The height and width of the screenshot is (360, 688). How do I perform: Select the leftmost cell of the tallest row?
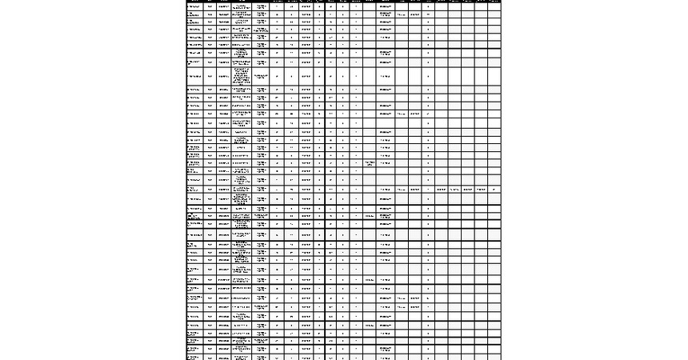tap(194, 76)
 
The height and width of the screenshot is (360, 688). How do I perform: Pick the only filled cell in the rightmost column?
tap(494, 189)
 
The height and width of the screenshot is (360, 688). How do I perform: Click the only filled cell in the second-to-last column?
tap(481, 189)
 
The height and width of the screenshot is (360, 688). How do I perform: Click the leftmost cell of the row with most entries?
tap(194, 189)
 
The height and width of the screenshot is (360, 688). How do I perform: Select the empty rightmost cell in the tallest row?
tap(494, 76)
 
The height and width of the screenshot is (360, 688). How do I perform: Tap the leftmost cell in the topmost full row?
tap(194, 6)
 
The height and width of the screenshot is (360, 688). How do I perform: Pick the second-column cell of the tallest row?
tap(210, 76)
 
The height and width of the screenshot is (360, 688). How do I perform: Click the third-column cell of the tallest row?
tap(224, 76)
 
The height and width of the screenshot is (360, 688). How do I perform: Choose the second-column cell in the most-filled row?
tap(210, 189)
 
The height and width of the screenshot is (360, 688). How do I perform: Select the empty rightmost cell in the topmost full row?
tap(494, 6)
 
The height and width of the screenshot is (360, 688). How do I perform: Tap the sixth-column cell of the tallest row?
tap(277, 76)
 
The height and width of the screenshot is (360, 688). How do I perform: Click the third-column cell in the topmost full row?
tap(224, 6)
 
